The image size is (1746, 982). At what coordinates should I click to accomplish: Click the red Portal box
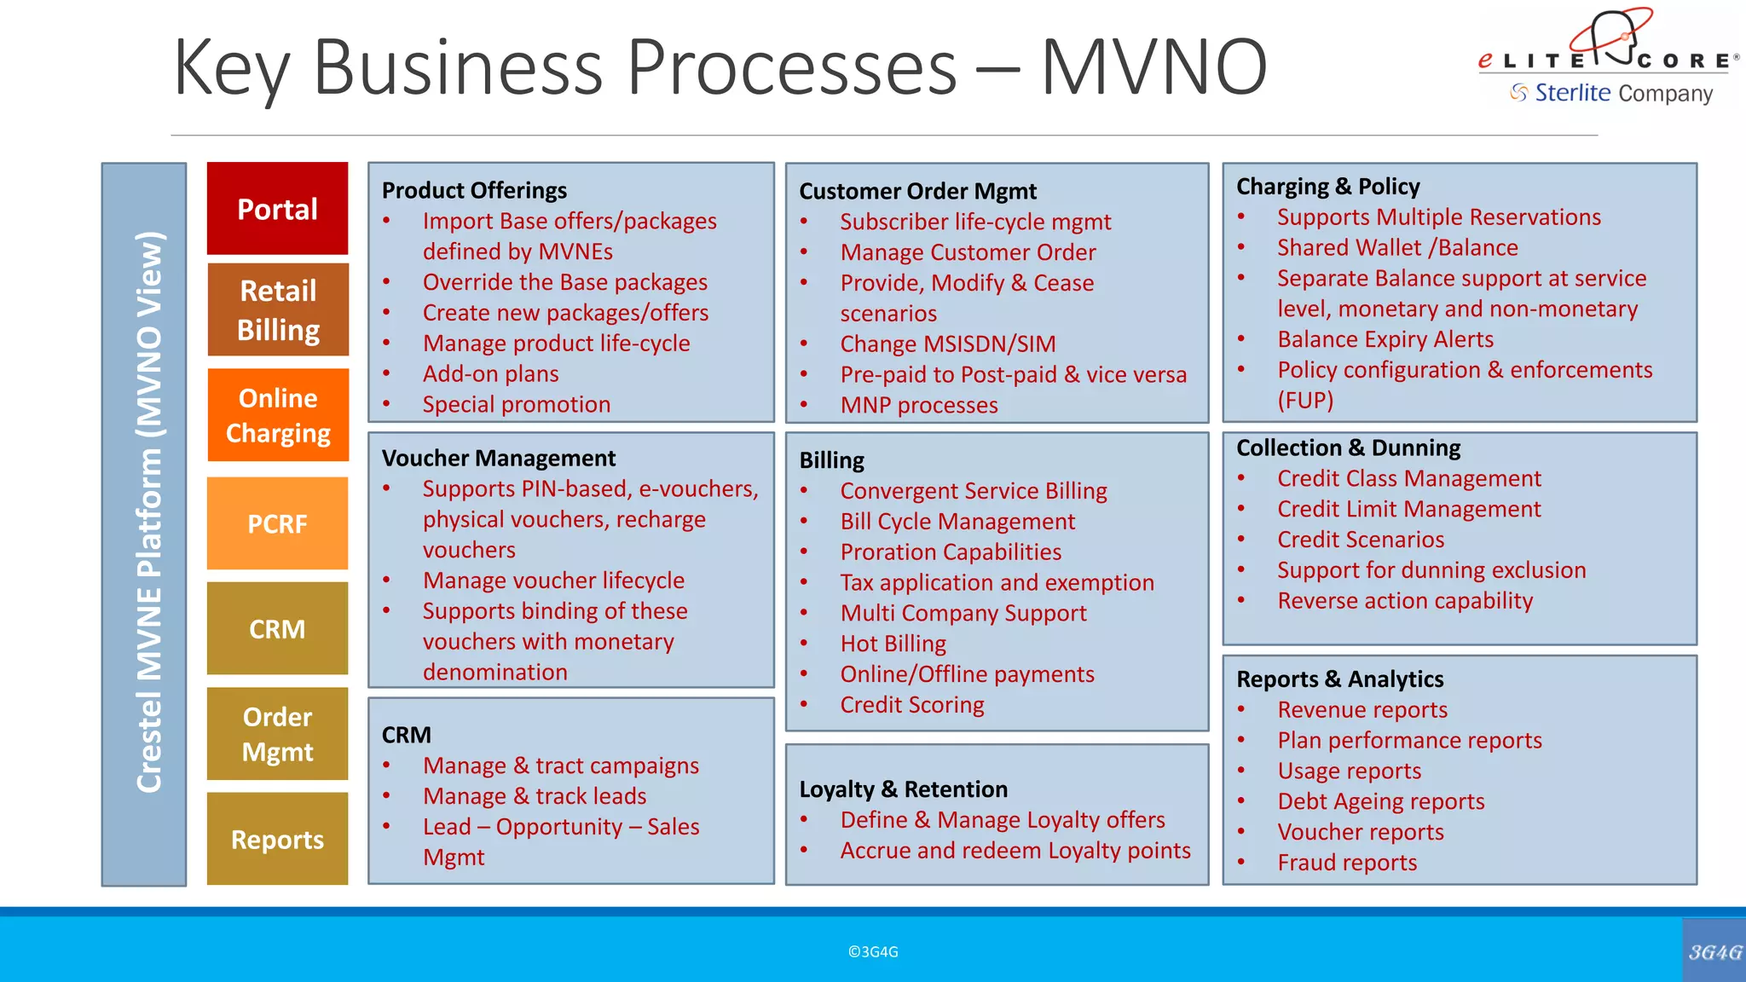tap(277, 209)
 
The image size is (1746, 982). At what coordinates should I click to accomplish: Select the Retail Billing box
tap(278, 309)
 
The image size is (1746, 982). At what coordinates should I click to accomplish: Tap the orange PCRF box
tap(277, 523)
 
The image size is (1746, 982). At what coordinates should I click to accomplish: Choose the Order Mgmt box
tap(277, 734)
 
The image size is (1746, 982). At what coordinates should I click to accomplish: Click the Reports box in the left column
tap(277, 840)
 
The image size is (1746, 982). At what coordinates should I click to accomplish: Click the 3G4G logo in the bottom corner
tap(1714, 951)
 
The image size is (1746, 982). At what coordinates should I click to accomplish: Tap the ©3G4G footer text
tap(873, 952)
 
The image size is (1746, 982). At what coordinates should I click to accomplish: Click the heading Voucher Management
tap(498, 459)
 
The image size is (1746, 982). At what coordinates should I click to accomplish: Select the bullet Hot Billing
tap(893, 644)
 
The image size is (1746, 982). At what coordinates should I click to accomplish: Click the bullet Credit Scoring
tap(911, 705)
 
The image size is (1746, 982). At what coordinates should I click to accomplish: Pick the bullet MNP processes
tap(918, 405)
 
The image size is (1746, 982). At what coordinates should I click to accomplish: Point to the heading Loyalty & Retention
tap(903, 789)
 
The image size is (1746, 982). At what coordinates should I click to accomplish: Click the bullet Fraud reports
tap(1346, 863)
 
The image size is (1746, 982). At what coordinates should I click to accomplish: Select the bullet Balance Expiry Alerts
tap(1385, 339)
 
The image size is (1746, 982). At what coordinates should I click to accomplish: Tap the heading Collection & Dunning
tap(1348, 448)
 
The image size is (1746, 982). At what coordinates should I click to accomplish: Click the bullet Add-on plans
tap(490, 374)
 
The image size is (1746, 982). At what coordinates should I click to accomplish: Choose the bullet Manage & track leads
tap(535, 796)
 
